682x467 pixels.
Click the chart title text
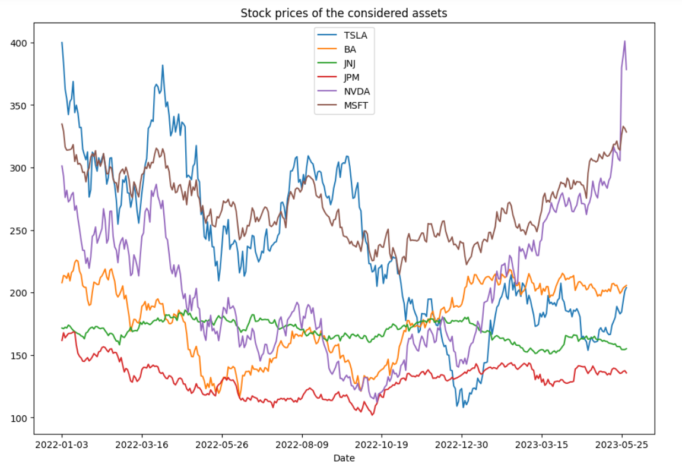(344, 13)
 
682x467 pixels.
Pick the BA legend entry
(350, 49)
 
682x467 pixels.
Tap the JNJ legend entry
(351, 64)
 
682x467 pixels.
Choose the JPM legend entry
(353, 78)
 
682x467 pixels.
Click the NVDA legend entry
(356, 92)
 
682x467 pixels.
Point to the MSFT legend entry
(356, 106)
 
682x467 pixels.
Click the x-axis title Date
(344, 458)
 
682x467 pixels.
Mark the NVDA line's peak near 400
(624, 41)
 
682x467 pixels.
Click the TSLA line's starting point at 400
(62, 43)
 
